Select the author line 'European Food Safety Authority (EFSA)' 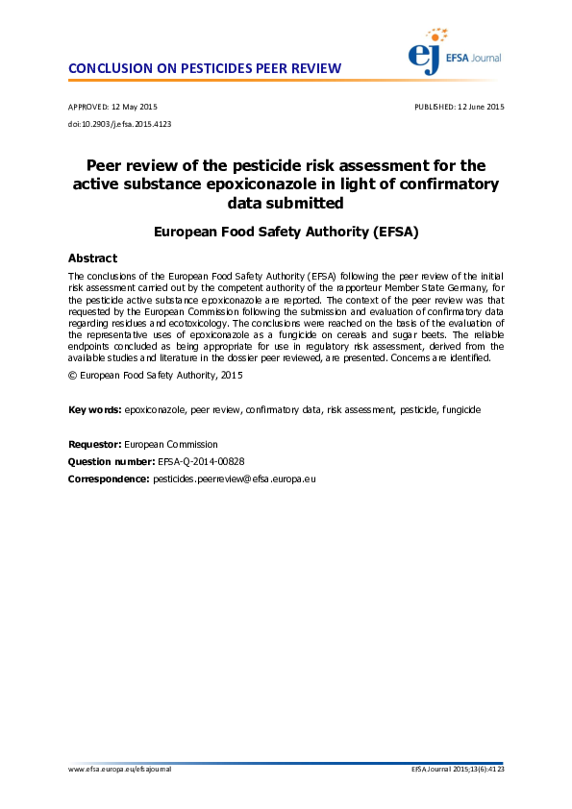pos(286,232)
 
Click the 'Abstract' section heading pos(92,258)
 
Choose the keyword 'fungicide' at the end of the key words pos(461,410)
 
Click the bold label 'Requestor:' pos(95,445)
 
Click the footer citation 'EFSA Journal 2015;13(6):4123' pos(458,770)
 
